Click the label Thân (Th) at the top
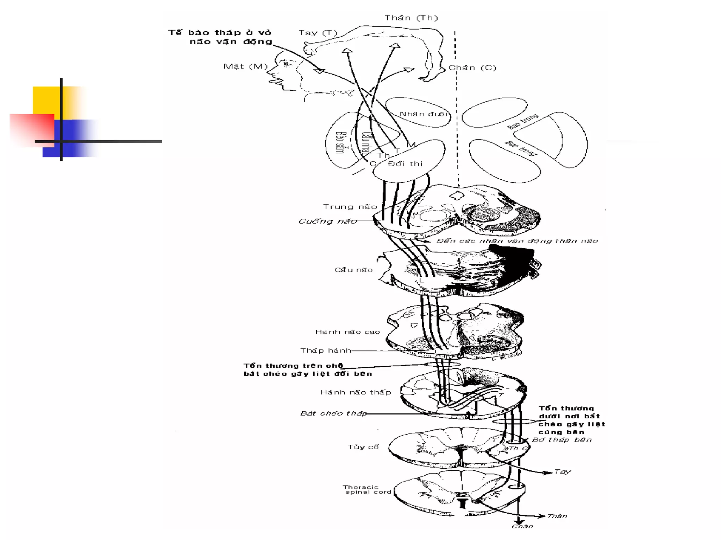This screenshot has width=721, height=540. coord(411,18)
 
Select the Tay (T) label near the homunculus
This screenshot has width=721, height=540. coord(318,33)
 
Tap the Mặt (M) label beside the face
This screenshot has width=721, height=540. coord(245,66)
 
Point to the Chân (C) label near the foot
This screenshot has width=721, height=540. coord(472,68)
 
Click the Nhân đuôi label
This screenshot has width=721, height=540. coord(424,114)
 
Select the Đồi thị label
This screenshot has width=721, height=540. coord(405,164)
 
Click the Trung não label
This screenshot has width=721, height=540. coord(350,207)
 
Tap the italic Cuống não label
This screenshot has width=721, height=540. coord(327,221)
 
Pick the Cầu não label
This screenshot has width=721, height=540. coord(353,270)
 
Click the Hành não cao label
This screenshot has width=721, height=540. coord(347,332)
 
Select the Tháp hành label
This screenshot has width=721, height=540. coord(326,351)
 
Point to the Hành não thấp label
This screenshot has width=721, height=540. coord(356,392)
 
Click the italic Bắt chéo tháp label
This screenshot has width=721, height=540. coord(333,413)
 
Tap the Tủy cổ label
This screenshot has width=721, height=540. coord(363,447)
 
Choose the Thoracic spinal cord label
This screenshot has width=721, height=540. coord(367,489)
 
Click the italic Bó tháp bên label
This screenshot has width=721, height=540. coord(562,440)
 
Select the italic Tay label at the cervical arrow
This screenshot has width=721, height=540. coord(562,472)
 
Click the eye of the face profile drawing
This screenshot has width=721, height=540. coord(287,64)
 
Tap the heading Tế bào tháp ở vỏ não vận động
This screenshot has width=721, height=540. coord(220,37)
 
